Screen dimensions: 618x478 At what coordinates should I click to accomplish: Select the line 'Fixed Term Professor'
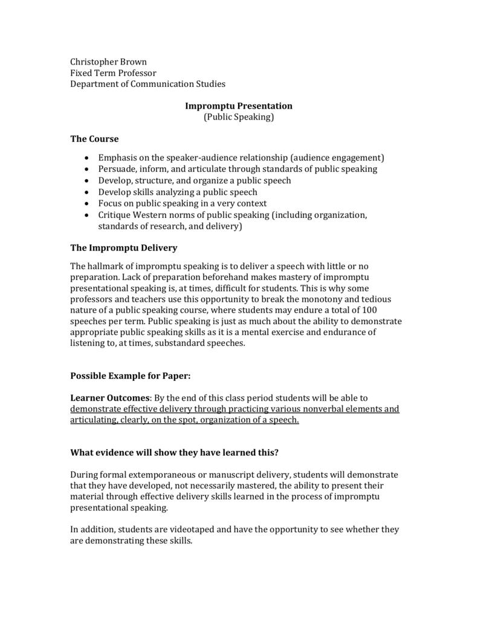[113, 73]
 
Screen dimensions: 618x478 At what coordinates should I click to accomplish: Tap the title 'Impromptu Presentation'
[239, 106]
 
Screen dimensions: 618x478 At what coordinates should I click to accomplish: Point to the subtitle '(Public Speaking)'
[239, 117]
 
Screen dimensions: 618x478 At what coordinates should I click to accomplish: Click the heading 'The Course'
[95, 139]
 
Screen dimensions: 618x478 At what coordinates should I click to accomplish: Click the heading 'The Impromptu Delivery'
[124, 247]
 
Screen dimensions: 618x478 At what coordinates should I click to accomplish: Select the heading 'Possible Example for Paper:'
[131, 375]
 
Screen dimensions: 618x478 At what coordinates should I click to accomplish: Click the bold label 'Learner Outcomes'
[111, 398]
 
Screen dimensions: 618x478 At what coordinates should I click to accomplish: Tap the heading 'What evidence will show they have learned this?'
[174, 453]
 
